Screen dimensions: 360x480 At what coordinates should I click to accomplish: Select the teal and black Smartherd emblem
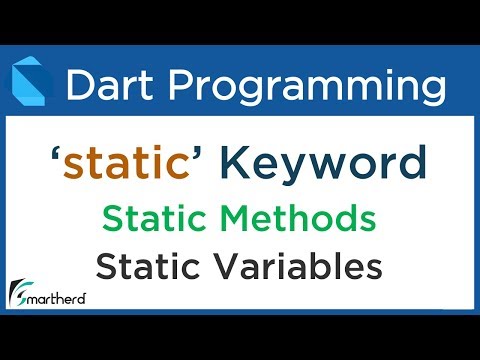coord(21,290)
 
